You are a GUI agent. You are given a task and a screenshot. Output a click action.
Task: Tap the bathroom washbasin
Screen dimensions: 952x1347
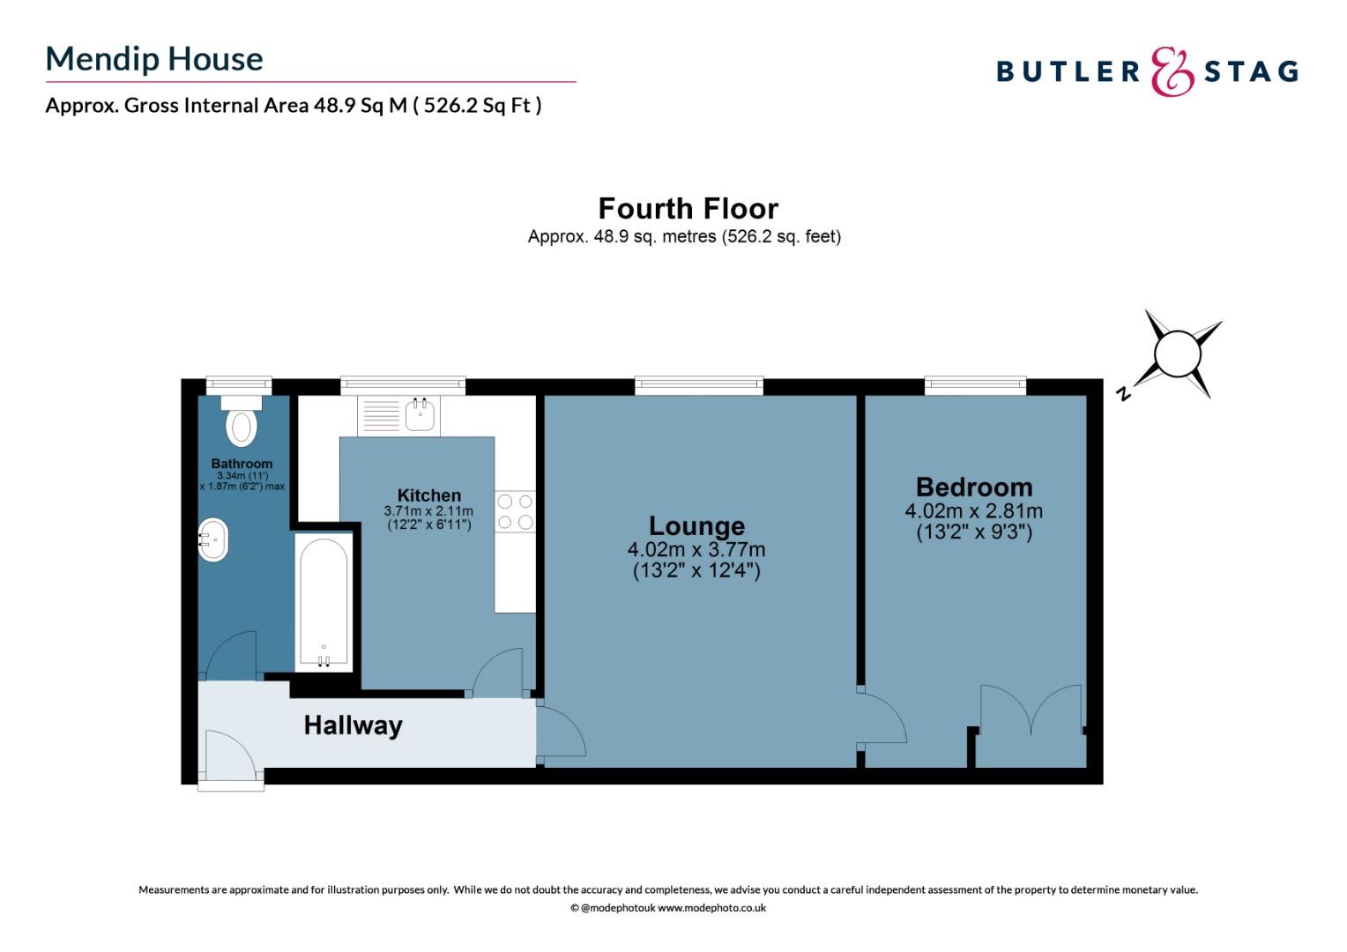pyautogui.click(x=212, y=540)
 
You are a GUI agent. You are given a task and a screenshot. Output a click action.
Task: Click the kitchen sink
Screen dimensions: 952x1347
pyautogui.click(x=420, y=414)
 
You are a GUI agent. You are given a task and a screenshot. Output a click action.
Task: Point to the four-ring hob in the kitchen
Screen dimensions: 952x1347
pyautogui.click(x=515, y=512)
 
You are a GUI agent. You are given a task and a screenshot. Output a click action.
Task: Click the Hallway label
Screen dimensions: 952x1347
pyautogui.click(x=353, y=725)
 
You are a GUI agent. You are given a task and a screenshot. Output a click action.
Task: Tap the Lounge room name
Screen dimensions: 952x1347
pyautogui.click(x=696, y=526)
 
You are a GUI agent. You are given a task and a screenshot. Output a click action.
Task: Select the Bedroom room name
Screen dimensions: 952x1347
pyautogui.click(x=973, y=487)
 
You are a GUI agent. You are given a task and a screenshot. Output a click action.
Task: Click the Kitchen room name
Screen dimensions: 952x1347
pyautogui.click(x=428, y=495)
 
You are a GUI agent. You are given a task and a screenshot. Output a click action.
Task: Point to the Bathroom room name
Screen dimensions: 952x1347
pyautogui.click(x=242, y=464)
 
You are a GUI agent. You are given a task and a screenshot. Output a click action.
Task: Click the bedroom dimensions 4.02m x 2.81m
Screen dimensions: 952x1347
pyautogui.click(x=973, y=511)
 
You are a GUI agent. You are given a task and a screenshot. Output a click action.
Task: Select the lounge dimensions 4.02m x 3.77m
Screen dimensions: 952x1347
pyautogui.click(x=696, y=550)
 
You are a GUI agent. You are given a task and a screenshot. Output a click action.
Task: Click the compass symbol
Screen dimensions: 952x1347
pyautogui.click(x=1177, y=354)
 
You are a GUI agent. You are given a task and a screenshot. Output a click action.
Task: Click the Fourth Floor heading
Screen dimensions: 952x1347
pyautogui.click(x=688, y=209)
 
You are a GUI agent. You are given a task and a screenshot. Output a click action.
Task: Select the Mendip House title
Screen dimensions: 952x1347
pyautogui.click(x=154, y=59)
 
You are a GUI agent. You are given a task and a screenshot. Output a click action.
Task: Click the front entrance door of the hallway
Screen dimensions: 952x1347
pyautogui.click(x=231, y=756)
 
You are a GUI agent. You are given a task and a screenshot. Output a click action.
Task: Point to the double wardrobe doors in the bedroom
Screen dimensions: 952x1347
pyautogui.click(x=1031, y=710)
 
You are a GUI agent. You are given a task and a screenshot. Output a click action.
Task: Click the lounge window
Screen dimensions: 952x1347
pyautogui.click(x=698, y=384)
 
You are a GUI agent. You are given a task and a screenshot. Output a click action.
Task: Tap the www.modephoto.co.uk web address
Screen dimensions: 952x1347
pyautogui.click(x=711, y=908)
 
